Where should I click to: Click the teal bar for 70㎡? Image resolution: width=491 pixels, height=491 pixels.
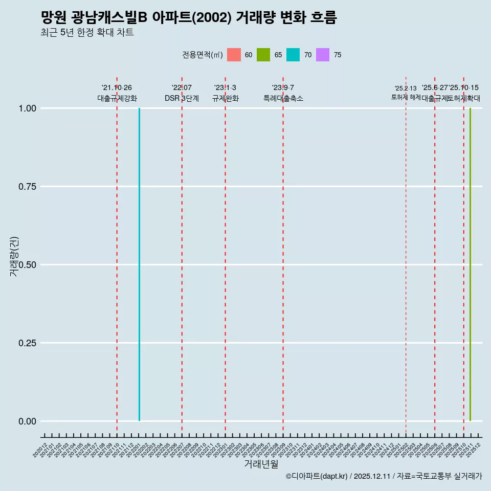pos(139,264)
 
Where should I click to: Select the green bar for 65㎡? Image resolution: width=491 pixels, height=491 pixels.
pos(470,264)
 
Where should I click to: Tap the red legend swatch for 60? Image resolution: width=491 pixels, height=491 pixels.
pos(234,55)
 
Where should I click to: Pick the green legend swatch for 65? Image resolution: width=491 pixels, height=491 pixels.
pos(263,55)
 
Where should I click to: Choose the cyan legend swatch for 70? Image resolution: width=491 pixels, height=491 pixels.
pos(293,55)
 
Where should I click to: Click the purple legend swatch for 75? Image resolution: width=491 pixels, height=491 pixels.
pos(323,55)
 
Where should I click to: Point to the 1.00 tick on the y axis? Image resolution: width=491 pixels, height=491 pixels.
pos(28,108)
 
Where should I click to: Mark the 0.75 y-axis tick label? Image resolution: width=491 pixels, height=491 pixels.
pos(28,187)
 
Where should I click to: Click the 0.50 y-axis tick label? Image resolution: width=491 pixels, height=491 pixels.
pos(28,265)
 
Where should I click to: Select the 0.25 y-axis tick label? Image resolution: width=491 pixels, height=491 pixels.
pos(28,343)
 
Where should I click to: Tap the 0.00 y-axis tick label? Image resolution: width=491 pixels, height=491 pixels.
pos(28,421)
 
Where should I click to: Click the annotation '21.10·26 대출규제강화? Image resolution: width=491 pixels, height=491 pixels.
pos(117,93)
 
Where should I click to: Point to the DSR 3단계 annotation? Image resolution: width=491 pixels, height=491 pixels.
pos(182,98)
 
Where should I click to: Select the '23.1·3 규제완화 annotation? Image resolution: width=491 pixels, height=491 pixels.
pos(225,93)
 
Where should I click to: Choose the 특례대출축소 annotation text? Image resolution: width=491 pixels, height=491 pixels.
pos(283,98)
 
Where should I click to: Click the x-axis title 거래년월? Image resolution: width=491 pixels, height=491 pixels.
pos(261,464)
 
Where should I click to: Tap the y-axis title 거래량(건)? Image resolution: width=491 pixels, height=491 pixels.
pos(14,256)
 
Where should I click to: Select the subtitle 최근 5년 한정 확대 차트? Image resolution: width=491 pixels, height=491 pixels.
pos(87,33)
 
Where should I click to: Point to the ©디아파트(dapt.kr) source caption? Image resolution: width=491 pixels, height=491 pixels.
pos(384,476)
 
